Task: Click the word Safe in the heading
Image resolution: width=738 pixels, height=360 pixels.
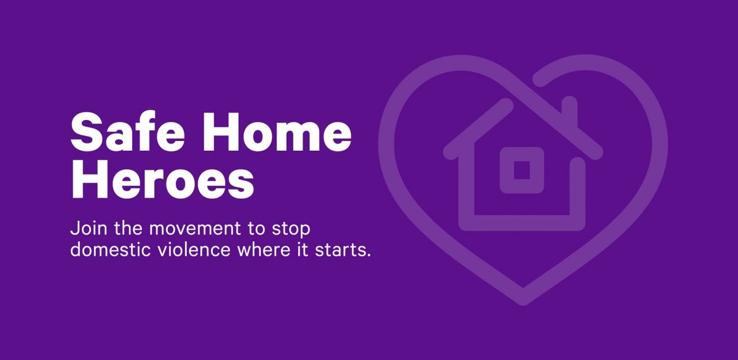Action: [x=127, y=132]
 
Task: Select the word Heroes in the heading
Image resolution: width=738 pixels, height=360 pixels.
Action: [x=162, y=179]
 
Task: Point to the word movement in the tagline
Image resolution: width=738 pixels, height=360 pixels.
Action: [x=195, y=229]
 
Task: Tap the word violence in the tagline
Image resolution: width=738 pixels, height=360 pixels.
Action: [x=194, y=250]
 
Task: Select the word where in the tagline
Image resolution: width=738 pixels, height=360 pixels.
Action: [x=264, y=250]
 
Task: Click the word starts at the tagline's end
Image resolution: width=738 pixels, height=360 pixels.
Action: [x=340, y=250]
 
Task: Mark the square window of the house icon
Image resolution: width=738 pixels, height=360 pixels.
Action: [x=522, y=170]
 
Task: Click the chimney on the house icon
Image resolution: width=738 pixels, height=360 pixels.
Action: [x=569, y=110]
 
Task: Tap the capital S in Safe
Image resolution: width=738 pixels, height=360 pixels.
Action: [x=86, y=132]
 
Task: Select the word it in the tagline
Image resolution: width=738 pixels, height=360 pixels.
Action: [x=303, y=250]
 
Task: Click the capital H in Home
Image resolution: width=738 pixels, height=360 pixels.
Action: [x=222, y=132]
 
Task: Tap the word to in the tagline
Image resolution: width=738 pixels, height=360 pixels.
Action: [x=256, y=229]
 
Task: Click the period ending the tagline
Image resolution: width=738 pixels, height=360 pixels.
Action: [x=368, y=255]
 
